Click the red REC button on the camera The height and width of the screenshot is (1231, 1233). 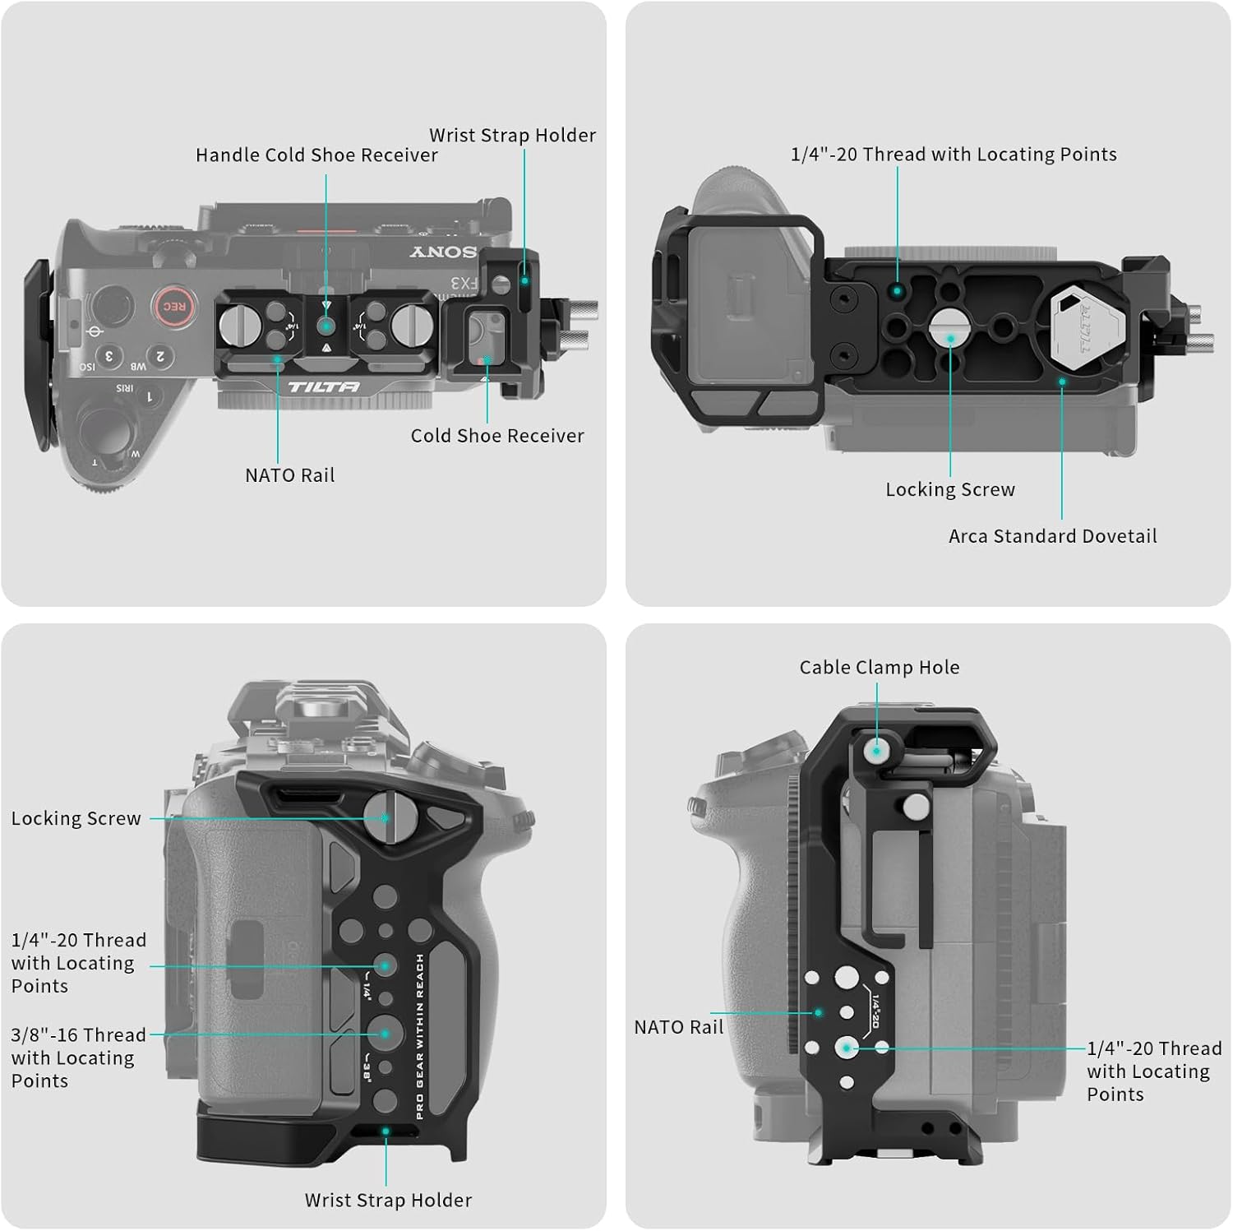pos(173,307)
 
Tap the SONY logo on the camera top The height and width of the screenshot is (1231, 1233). pos(443,252)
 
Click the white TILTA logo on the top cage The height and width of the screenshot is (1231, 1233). pos(323,386)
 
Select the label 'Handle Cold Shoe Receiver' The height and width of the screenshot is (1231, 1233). pos(316,155)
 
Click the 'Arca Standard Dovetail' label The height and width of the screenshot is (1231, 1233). pos(1052,536)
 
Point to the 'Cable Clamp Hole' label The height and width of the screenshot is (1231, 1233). pos(879,667)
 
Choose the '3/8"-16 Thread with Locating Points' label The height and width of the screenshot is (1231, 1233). pos(78,1057)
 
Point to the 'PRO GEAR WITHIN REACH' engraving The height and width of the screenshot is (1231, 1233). pos(420,1036)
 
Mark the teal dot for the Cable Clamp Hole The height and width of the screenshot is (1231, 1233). pos(877,751)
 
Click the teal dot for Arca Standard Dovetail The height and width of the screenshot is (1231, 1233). pos(1062,382)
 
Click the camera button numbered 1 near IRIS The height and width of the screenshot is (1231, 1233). pos(149,397)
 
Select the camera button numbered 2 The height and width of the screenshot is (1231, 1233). pos(160,356)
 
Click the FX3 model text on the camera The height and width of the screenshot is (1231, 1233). pos(464,285)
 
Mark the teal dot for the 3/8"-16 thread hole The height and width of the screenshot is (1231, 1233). pos(385,1034)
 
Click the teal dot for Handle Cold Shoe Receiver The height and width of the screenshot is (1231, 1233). pos(326,326)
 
